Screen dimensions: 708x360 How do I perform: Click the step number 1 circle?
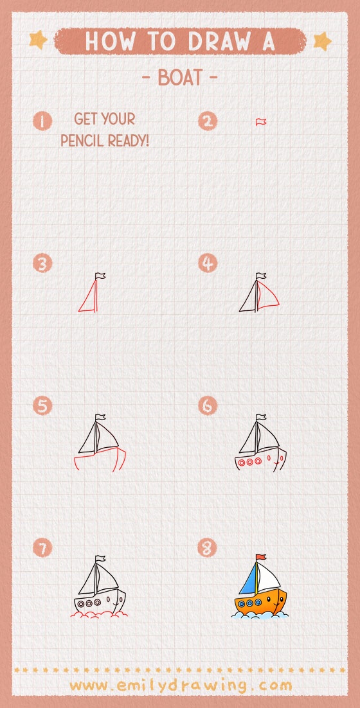tap(42, 121)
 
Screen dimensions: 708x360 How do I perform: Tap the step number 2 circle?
tap(208, 121)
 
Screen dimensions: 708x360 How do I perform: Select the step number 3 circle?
tap(42, 263)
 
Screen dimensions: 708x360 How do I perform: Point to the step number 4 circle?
tap(208, 263)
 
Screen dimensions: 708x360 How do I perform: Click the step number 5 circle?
tap(42, 406)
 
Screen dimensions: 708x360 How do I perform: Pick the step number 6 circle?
tap(208, 406)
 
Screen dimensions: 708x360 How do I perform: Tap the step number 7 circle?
tap(42, 548)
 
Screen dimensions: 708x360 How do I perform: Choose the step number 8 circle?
tap(208, 548)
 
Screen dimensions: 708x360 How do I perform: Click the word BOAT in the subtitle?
tap(179, 78)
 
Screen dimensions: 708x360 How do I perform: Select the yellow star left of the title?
tap(38, 40)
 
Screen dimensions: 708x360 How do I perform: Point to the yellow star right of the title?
tap(321, 41)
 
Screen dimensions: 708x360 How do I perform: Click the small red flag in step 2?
tap(261, 121)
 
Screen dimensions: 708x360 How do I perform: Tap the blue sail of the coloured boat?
tap(249, 581)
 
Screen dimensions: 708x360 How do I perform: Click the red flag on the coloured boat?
tap(260, 558)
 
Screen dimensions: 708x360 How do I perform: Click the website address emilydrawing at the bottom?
tap(181, 686)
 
